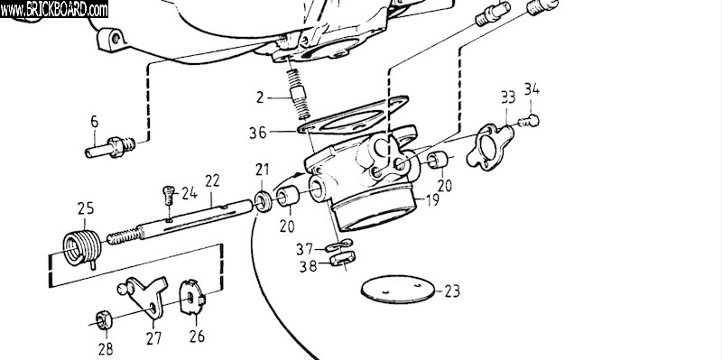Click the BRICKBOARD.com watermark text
tap(54, 9)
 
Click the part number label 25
tap(86, 208)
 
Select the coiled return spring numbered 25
tap(82, 249)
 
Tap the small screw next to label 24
tap(170, 196)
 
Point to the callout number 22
tap(212, 181)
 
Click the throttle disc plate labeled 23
tap(398, 289)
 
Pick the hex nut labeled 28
tap(103, 319)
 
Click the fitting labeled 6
tap(110, 148)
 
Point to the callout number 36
tap(258, 133)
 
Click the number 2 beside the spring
tap(260, 97)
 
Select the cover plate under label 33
tap(489, 147)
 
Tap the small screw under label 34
tap(529, 121)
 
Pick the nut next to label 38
tap(342, 259)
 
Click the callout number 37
tap(305, 250)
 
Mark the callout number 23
tap(452, 291)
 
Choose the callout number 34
tap(532, 89)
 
